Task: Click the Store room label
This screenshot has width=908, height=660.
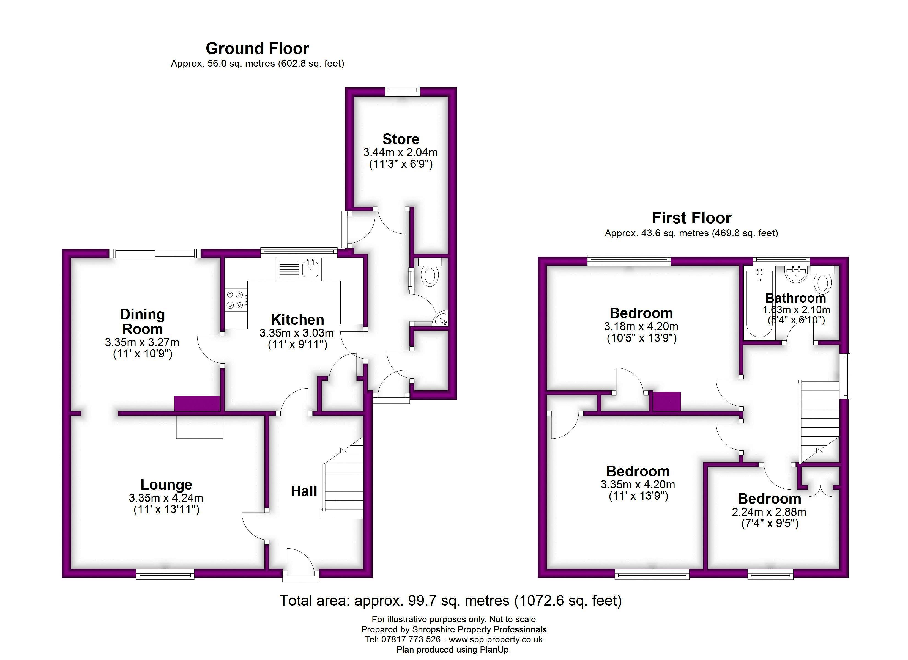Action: click(x=401, y=139)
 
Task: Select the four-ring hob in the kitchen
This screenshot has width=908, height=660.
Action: click(x=235, y=300)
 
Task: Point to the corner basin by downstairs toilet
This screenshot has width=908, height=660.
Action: click(x=441, y=319)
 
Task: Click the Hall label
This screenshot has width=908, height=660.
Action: click(x=304, y=491)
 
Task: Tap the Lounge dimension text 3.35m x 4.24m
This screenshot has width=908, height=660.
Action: click(x=166, y=498)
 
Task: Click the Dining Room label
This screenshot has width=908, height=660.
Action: click(x=143, y=321)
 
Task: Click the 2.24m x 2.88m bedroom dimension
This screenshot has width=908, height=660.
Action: click(x=769, y=512)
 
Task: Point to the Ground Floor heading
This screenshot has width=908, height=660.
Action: click(x=257, y=48)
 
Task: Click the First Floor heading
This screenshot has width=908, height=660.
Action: click(x=691, y=218)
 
